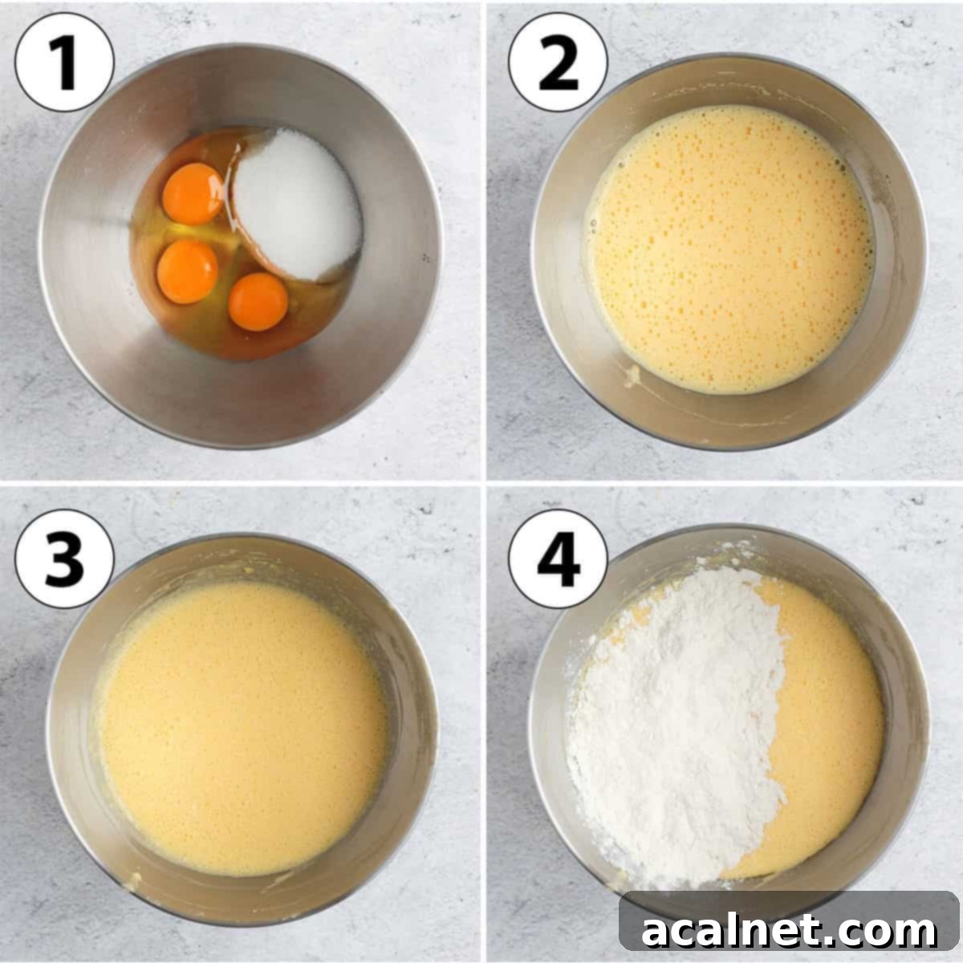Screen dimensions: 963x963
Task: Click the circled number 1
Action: (x=64, y=62)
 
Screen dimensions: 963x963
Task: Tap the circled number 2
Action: (x=559, y=62)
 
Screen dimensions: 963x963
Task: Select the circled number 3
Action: (x=64, y=559)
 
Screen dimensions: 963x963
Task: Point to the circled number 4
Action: (x=559, y=559)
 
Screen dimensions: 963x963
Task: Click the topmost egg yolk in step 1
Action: (x=193, y=193)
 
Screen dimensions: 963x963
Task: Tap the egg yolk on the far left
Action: (x=187, y=271)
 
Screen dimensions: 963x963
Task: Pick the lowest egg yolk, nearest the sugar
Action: (x=258, y=302)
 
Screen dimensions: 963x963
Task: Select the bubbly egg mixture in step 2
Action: (x=730, y=249)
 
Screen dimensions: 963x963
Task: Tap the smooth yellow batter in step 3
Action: (x=241, y=730)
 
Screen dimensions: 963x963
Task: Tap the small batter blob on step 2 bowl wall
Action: (x=632, y=374)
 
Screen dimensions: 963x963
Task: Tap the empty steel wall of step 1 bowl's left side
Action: (x=88, y=265)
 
